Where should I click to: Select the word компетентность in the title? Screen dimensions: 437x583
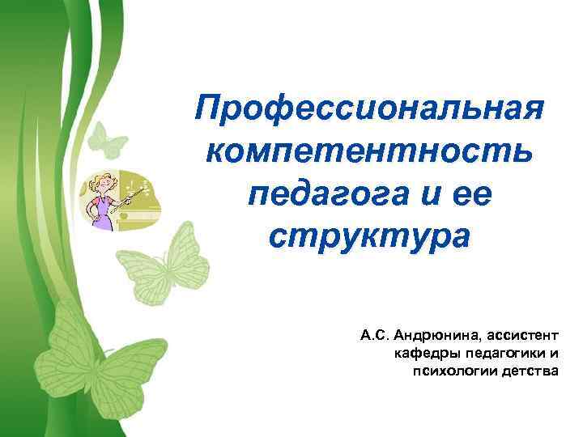point(369,152)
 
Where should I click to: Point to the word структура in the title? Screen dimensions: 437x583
point(369,237)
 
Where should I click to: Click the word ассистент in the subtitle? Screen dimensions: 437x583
point(518,333)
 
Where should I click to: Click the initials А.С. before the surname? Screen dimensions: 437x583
point(374,333)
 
